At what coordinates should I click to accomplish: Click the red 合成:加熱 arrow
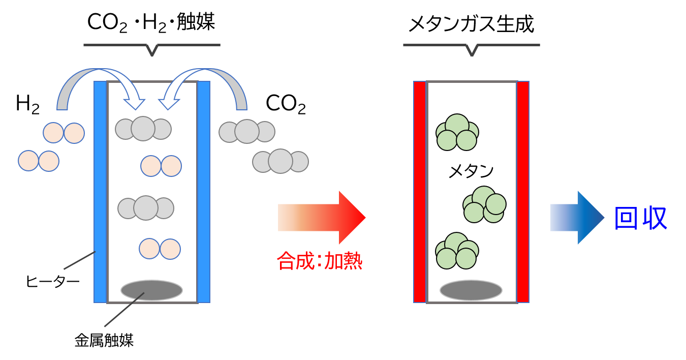click(325, 218)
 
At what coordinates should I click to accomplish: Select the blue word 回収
click(640, 219)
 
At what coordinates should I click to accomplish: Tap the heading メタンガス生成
click(472, 24)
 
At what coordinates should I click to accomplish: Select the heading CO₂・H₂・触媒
click(151, 22)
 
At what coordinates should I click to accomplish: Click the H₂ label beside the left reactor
click(27, 105)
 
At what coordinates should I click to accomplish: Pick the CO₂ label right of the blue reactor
click(286, 105)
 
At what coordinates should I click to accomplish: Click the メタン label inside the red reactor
click(471, 171)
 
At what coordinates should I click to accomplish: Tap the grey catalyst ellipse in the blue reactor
click(151, 290)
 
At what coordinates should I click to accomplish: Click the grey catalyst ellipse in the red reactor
click(471, 290)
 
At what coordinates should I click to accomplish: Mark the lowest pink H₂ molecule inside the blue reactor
click(160, 249)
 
